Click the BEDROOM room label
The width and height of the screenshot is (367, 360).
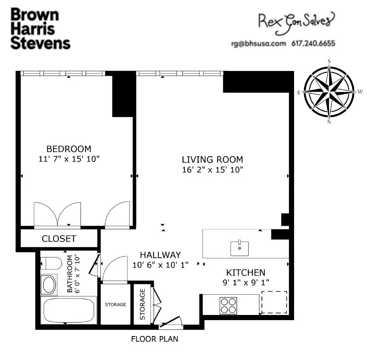pos(69,149)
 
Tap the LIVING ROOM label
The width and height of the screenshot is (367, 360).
pos(212,159)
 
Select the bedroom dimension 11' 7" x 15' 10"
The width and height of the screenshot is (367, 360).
pos(69,159)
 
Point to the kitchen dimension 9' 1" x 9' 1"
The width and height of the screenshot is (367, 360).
pos(246,282)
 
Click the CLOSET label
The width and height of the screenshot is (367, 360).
pos(59,239)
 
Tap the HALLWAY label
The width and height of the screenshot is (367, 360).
pos(160,255)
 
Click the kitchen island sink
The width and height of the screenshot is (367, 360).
pos(239,248)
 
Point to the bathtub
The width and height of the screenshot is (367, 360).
pos(68,311)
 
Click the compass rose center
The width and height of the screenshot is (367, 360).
pos(330,92)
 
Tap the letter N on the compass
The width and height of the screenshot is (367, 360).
pos(329,122)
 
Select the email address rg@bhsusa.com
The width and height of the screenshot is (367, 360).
pos(258,43)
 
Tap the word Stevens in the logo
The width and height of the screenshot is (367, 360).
pos(40,43)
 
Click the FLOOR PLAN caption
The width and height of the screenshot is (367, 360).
pos(155,340)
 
